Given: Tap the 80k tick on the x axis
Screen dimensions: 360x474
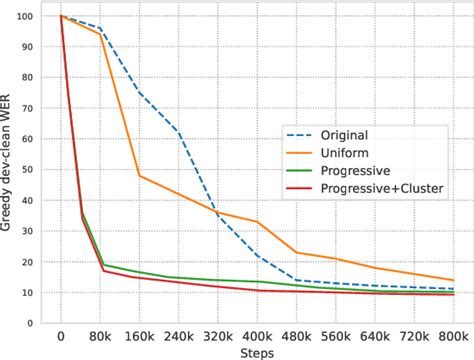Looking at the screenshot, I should point(100,337).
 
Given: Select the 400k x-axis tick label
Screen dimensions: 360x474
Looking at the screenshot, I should point(256,337).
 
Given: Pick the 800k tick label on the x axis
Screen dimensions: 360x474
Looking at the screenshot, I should point(452,337).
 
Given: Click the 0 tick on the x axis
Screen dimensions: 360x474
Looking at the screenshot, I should point(61,337).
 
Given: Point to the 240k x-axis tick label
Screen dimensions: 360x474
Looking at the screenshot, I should point(178,337).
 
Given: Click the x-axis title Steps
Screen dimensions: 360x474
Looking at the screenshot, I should point(256,353).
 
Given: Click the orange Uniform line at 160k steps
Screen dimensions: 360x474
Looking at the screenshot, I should point(139,175).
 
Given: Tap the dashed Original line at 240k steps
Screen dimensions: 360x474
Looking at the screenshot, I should point(178,131).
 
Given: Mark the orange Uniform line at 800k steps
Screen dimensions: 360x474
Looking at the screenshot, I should point(452,280).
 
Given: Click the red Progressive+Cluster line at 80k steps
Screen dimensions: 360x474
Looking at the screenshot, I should point(100,270).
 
